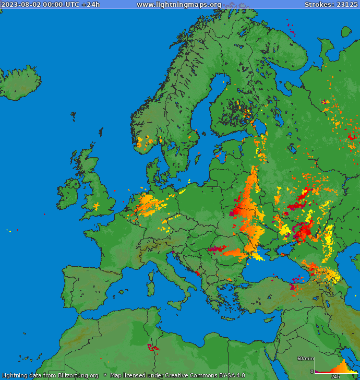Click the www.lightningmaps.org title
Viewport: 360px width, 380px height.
(x=178, y=4)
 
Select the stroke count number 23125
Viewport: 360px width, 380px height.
(x=346, y=4)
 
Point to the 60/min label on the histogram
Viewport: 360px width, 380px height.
(x=306, y=358)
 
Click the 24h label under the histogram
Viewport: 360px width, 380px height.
(x=335, y=376)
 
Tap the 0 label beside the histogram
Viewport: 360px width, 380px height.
(x=311, y=371)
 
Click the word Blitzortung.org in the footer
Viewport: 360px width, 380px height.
(x=78, y=375)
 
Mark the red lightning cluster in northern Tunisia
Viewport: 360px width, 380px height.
(x=152, y=347)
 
